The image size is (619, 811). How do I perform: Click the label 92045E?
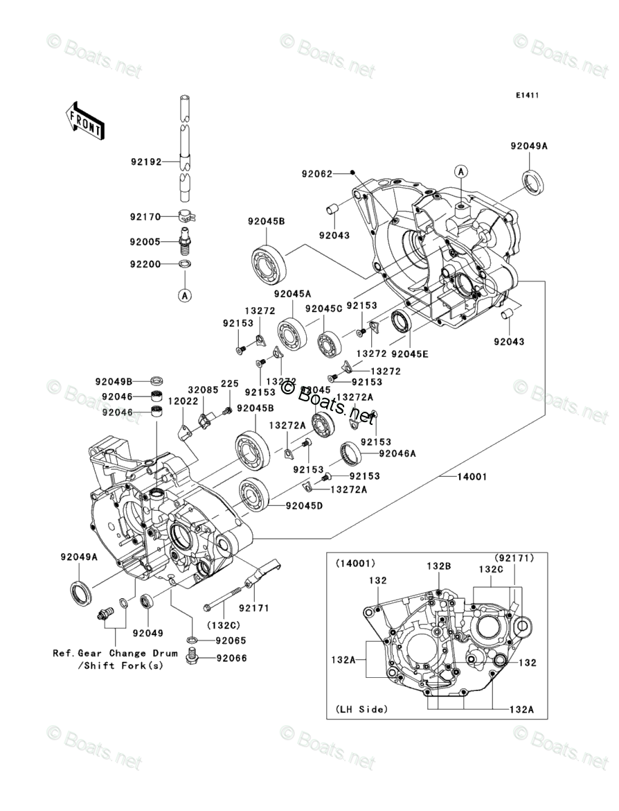click(x=410, y=354)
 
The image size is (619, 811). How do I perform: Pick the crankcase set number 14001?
click(x=472, y=477)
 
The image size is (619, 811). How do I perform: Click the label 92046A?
click(x=397, y=453)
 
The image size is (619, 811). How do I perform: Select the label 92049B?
click(x=114, y=381)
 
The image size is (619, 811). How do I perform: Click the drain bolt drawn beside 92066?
click(x=193, y=658)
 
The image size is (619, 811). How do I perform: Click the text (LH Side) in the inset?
click(x=361, y=709)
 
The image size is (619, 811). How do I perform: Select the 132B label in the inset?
click(x=438, y=566)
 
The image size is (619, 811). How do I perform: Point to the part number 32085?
click(x=199, y=390)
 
